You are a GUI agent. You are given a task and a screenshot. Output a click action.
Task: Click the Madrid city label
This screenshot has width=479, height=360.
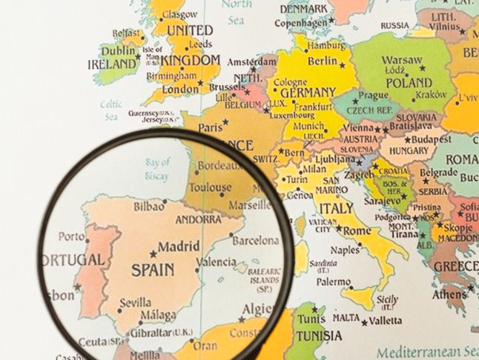pos(180,247)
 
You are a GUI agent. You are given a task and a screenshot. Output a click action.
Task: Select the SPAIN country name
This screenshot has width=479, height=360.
pos(152,270)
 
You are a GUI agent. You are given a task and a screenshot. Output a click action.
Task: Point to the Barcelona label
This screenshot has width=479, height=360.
pos(255,241)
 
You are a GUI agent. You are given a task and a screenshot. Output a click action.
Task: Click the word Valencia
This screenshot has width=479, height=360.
pos(217,262)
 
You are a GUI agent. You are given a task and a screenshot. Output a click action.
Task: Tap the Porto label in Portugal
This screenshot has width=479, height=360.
pos(72,237)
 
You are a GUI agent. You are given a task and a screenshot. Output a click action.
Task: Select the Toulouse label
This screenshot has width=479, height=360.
pos(211,188)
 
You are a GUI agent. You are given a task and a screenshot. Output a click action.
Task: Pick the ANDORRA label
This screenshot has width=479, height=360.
pos(199,219)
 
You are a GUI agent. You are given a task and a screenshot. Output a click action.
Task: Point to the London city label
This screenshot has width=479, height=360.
pos(181,89)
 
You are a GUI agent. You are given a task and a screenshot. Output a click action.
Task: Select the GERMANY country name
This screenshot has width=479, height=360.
pos(308,93)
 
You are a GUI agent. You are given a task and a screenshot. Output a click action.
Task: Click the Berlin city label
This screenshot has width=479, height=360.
pos(322,61)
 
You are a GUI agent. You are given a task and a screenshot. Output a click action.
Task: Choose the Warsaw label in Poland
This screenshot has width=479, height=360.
pos(403,60)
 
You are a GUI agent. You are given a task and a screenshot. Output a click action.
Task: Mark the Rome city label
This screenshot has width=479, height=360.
pos(357,231)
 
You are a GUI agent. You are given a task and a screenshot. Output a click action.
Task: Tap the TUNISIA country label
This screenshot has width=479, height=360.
pos(320,335)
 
